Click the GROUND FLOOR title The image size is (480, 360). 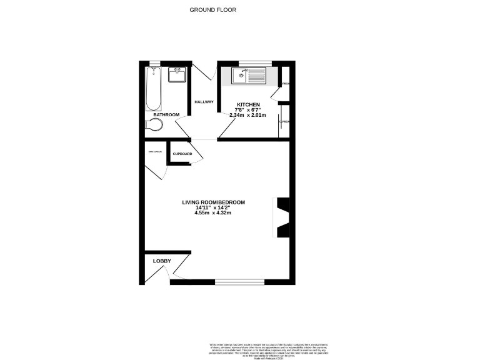213,10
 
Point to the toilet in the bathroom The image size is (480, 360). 154,126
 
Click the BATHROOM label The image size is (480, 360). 167,114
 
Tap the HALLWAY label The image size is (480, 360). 204,102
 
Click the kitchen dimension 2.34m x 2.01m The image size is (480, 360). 247,116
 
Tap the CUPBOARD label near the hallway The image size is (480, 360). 182,154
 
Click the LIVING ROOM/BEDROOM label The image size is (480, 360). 213,202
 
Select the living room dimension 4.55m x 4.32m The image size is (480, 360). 213,213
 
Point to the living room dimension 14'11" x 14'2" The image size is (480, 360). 213,208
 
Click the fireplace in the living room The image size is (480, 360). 282,217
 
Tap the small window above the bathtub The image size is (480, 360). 154,62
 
